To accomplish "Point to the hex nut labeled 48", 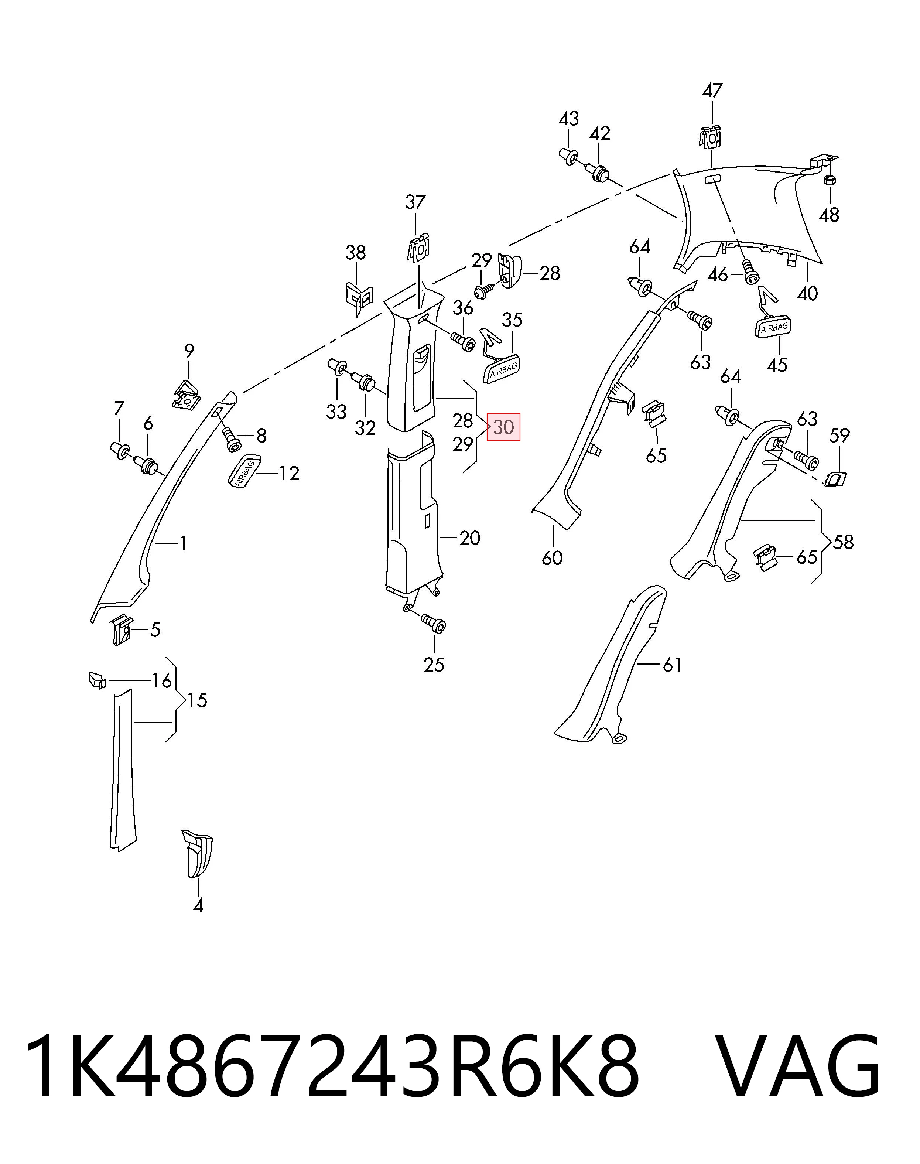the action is [830, 180].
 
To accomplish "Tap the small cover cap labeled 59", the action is [835, 478].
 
